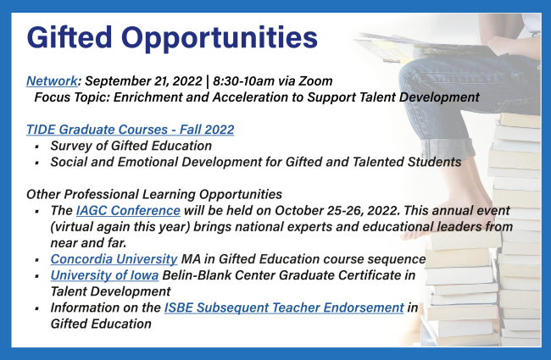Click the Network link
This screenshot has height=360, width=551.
click(x=52, y=81)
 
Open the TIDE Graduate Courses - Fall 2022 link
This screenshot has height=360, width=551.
click(x=130, y=130)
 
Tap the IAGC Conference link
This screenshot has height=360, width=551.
click(x=128, y=210)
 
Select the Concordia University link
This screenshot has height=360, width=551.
click(x=114, y=259)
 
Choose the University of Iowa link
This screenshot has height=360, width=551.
click(x=104, y=275)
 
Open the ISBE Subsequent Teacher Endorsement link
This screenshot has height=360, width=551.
click(x=284, y=307)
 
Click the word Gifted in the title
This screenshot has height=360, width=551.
click(x=70, y=37)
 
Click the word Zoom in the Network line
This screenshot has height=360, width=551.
click(x=315, y=81)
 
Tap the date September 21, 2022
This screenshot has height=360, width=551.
click(x=143, y=81)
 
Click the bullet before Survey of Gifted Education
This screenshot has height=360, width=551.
click(x=37, y=147)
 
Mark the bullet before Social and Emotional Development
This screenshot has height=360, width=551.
click(x=37, y=163)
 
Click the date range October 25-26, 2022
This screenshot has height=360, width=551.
click(x=337, y=210)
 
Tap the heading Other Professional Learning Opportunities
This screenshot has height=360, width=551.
click(x=154, y=194)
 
